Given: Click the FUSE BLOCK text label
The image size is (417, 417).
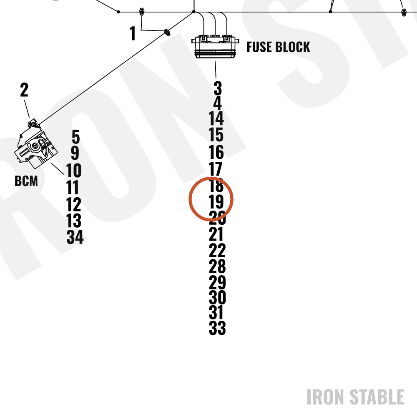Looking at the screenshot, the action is coord(278,47).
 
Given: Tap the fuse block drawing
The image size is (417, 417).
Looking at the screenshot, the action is coord(215,47).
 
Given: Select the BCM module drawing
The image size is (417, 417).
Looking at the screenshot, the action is coord(35,145).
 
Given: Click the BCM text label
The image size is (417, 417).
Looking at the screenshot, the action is coord(26,181).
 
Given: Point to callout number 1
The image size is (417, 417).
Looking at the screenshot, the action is coord(133,33).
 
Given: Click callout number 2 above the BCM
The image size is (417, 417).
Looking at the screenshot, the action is coord(24,90).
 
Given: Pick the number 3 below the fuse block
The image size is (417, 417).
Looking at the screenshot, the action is coord(218,88).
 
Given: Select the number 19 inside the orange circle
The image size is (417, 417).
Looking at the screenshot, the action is coord(216,201).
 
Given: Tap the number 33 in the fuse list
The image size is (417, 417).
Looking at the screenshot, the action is coord(217,328).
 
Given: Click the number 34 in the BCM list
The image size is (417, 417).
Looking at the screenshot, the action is coord(75,237).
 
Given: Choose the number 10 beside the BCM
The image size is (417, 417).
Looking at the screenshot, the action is coord(74,170).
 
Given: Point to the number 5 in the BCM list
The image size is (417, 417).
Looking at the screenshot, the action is coord(76,137).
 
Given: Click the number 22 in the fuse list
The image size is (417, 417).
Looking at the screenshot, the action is coord(217,250).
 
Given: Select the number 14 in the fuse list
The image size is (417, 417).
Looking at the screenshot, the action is coord(216,118).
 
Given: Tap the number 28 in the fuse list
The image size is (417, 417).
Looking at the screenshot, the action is coord(217,266).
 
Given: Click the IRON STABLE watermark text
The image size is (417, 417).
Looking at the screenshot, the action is coord(356,397).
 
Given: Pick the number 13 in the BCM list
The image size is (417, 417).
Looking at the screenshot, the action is coord(74,221).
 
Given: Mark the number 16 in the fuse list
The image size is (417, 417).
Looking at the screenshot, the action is coord(216,152).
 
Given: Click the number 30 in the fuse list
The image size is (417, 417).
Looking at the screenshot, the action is coord(217,297).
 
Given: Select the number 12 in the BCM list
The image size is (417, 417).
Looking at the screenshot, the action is coord(74,204).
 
